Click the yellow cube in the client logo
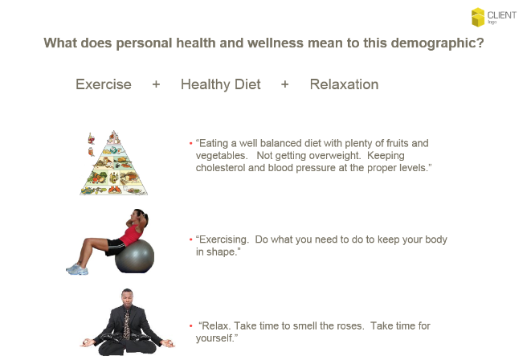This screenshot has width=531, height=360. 478,17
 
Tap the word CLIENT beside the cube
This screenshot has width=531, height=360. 502,15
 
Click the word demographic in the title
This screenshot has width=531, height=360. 437,43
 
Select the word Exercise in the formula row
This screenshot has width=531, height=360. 104,84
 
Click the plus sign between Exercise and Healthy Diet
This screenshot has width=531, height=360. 156,84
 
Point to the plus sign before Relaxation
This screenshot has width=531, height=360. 285,84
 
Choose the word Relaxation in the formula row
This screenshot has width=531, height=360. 344,84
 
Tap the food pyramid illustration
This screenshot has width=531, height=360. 114,163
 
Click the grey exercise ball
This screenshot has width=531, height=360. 135,256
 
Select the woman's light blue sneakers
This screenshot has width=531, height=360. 78,269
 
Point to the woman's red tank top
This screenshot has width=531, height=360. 132,235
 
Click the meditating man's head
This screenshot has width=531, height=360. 127,297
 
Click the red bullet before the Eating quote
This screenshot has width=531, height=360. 190,144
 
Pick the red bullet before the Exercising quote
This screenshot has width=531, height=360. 190,239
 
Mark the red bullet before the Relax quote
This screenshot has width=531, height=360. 190,326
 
